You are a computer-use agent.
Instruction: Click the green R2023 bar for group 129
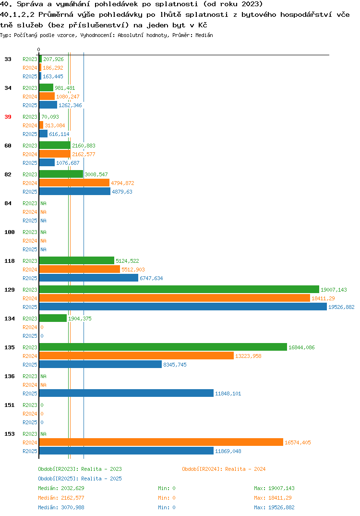179,289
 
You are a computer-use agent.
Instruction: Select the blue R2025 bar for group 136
126,393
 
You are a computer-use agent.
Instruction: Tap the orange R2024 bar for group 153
161,442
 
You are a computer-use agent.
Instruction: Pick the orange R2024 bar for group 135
136,356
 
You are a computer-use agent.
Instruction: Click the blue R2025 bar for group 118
89,278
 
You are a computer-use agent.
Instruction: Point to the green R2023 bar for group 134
53,318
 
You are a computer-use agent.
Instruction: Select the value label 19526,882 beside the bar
341,307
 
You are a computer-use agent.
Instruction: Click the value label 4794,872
122,183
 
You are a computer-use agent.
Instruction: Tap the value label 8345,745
175,365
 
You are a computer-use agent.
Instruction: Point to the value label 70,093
50,117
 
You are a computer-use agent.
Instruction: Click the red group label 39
8,117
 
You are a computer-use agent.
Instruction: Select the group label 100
10,232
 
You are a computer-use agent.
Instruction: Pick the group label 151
10,405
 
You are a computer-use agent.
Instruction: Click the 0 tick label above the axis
38,49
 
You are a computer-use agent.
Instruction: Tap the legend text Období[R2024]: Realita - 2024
224,469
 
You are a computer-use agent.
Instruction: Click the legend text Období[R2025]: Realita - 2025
80,479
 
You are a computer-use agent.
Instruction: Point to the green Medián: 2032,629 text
61,488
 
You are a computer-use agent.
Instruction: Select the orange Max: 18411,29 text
273,498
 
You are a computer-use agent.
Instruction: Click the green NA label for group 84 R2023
43,203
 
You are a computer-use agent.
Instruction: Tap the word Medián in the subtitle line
204,35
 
